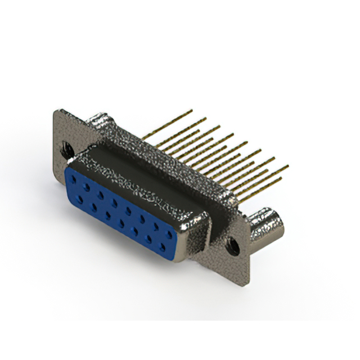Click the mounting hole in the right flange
click(231, 246)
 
